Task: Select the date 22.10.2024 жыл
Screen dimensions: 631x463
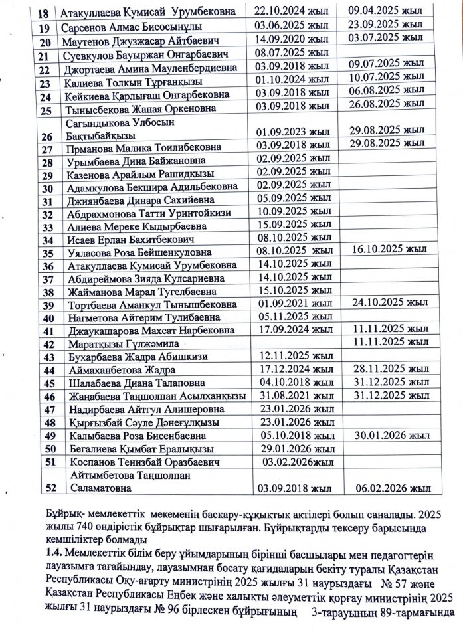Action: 294,11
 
